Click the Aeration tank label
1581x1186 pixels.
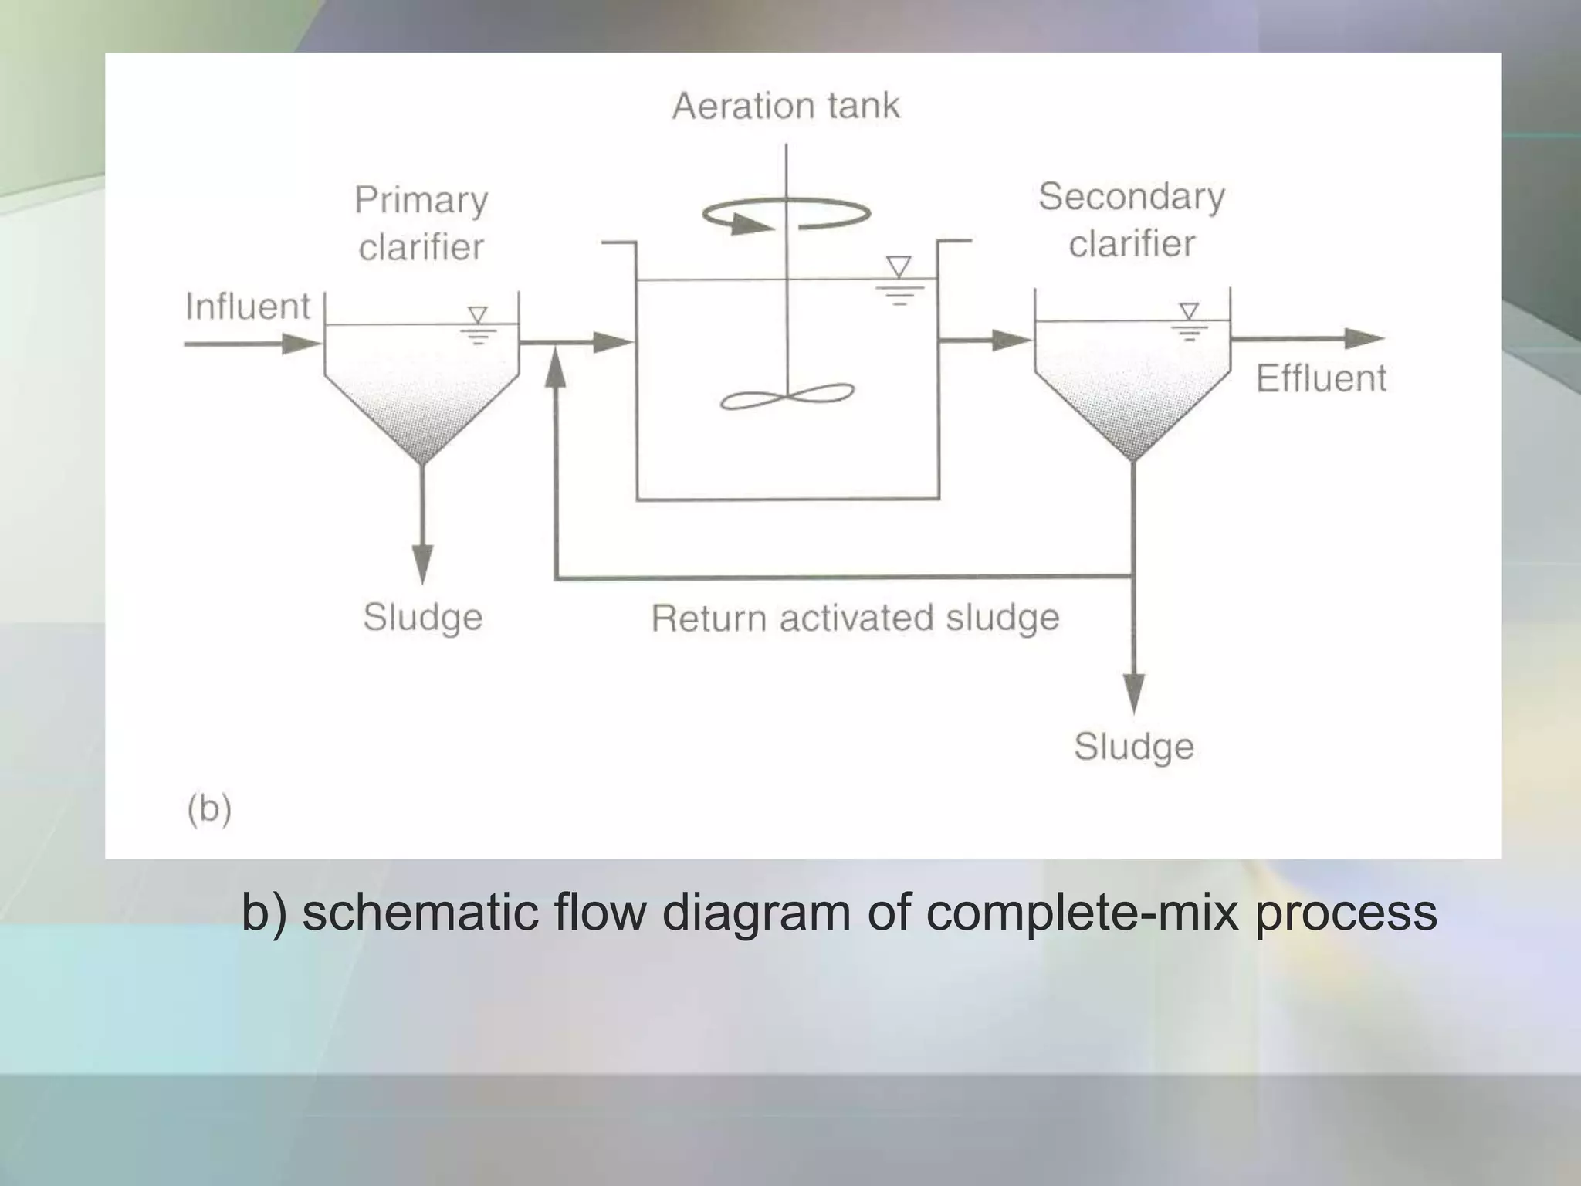point(786,106)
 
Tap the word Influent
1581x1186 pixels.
point(247,307)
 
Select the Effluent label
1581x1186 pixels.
point(1321,378)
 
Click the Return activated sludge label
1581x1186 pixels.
point(855,618)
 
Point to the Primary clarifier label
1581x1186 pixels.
point(421,223)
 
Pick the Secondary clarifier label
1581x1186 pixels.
point(1131,219)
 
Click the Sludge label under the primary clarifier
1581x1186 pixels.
point(422,617)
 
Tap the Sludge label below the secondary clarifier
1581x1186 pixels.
point(1133,747)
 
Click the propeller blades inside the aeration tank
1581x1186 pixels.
point(787,397)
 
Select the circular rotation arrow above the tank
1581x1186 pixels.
point(786,214)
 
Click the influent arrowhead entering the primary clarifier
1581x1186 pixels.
point(300,344)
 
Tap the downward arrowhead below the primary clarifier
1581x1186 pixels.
point(421,563)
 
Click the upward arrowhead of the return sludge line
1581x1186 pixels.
point(555,370)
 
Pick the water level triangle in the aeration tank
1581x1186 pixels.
point(899,266)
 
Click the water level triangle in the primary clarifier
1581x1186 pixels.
point(478,315)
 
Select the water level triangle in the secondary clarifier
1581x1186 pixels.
point(1190,311)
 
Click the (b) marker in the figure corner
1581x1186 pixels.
point(209,808)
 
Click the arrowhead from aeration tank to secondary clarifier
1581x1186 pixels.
point(1011,339)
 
